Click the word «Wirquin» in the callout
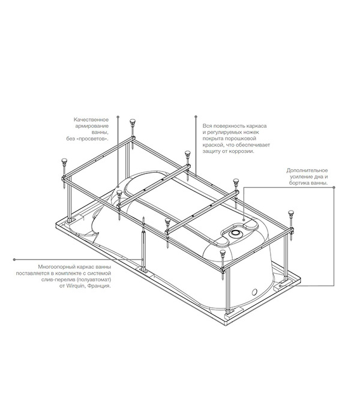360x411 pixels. pos(75,286)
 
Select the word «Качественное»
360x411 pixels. pos(91,120)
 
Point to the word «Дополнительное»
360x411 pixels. pos(307,170)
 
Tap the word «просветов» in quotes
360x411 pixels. pos(94,139)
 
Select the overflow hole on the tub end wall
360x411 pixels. pos(254,292)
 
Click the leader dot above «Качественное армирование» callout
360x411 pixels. pos(118,116)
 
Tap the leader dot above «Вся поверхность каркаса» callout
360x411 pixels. pos(196,116)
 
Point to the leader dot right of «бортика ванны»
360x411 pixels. pos(334,187)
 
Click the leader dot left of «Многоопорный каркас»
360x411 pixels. pos(14,259)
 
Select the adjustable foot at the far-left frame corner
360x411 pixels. pos(64,172)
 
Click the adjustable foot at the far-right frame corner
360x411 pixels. pos(291,225)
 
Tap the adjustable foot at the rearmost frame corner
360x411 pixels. pos(133,134)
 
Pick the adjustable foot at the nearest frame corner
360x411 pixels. pos(223,265)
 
